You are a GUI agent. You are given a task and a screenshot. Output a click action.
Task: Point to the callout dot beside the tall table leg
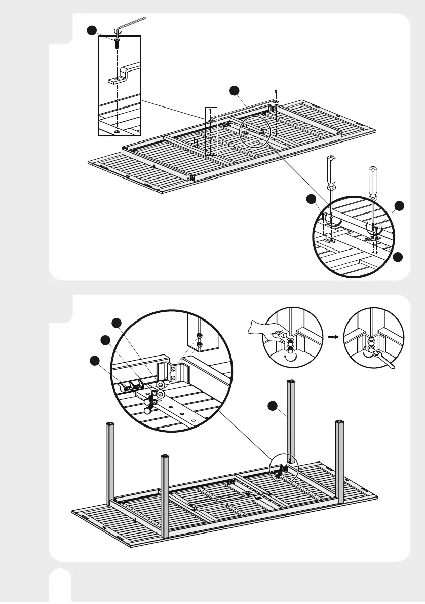point(273,405)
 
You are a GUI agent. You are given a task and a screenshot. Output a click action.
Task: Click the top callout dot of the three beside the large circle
point(117,323)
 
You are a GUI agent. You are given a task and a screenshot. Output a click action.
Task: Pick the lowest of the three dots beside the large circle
point(94,361)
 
